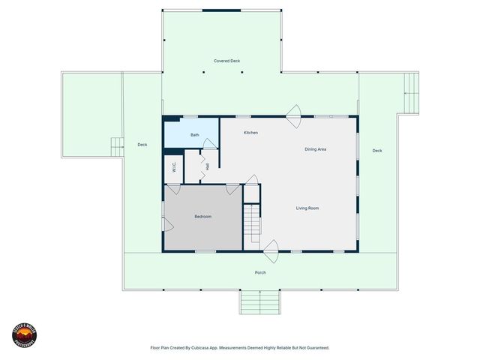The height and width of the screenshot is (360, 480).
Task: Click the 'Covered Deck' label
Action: (x=226, y=61)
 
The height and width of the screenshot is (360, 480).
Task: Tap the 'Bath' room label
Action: (x=194, y=135)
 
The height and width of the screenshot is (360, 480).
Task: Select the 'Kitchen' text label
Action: (x=250, y=133)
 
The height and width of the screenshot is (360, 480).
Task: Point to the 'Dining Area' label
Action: (x=315, y=149)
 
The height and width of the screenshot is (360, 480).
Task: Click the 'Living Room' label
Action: (x=307, y=208)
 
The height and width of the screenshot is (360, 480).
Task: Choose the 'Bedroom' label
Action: (x=202, y=217)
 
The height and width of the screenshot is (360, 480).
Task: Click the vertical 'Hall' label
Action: (x=207, y=166)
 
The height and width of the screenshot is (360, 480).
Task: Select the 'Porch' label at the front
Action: (x=260, y=272)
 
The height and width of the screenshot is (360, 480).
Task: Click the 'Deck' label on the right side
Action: (x=377, y=151)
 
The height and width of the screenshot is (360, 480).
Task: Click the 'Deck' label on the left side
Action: (x=142, y=145)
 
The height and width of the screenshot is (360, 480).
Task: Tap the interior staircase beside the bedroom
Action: (x=251, y=220)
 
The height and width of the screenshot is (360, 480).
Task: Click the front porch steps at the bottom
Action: (x=260, y=302)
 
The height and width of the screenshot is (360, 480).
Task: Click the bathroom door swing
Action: (x=210, y=143)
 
